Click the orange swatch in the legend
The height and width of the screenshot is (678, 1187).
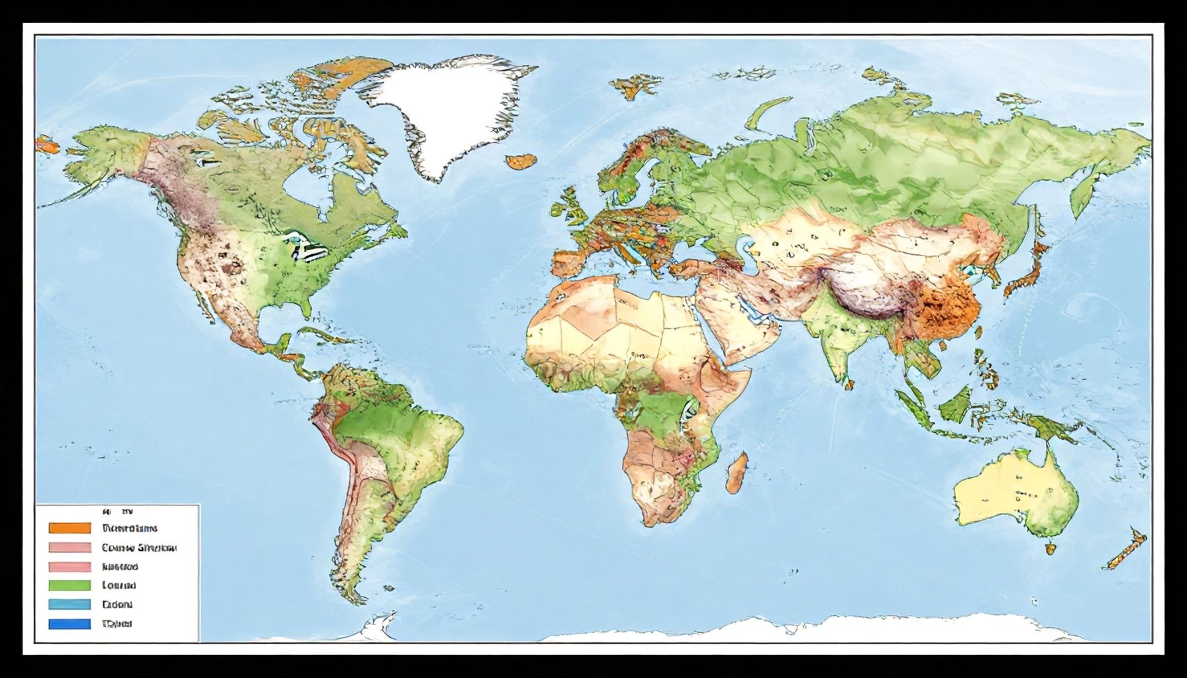coord(70,528)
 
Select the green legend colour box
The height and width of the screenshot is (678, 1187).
coord(70,585)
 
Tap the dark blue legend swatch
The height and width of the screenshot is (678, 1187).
coord(70,624)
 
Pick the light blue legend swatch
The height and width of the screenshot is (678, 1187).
coord(70,605)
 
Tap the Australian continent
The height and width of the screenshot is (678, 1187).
coord(1013,493)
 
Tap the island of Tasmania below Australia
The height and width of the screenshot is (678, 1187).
coord(1049,548)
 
